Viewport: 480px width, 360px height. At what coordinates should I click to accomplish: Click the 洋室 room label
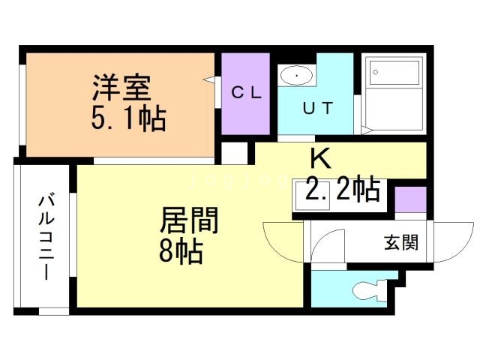coord(121,88)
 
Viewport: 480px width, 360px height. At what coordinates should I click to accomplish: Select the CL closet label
coord(246,93)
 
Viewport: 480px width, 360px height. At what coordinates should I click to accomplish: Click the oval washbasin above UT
coord(298,76)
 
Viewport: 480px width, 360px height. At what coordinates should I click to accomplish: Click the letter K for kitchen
coord(320,159)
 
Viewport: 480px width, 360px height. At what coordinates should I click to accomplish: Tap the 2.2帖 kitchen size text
coord(341,190)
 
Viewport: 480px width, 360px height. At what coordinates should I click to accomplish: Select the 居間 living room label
coord(189,221)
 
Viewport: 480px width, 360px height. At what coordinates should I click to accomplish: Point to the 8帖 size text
coord(180,252)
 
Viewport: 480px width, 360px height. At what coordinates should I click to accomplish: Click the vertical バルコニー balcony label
coord(46,237)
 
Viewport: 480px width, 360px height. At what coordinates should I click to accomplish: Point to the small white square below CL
coord(235,152)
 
